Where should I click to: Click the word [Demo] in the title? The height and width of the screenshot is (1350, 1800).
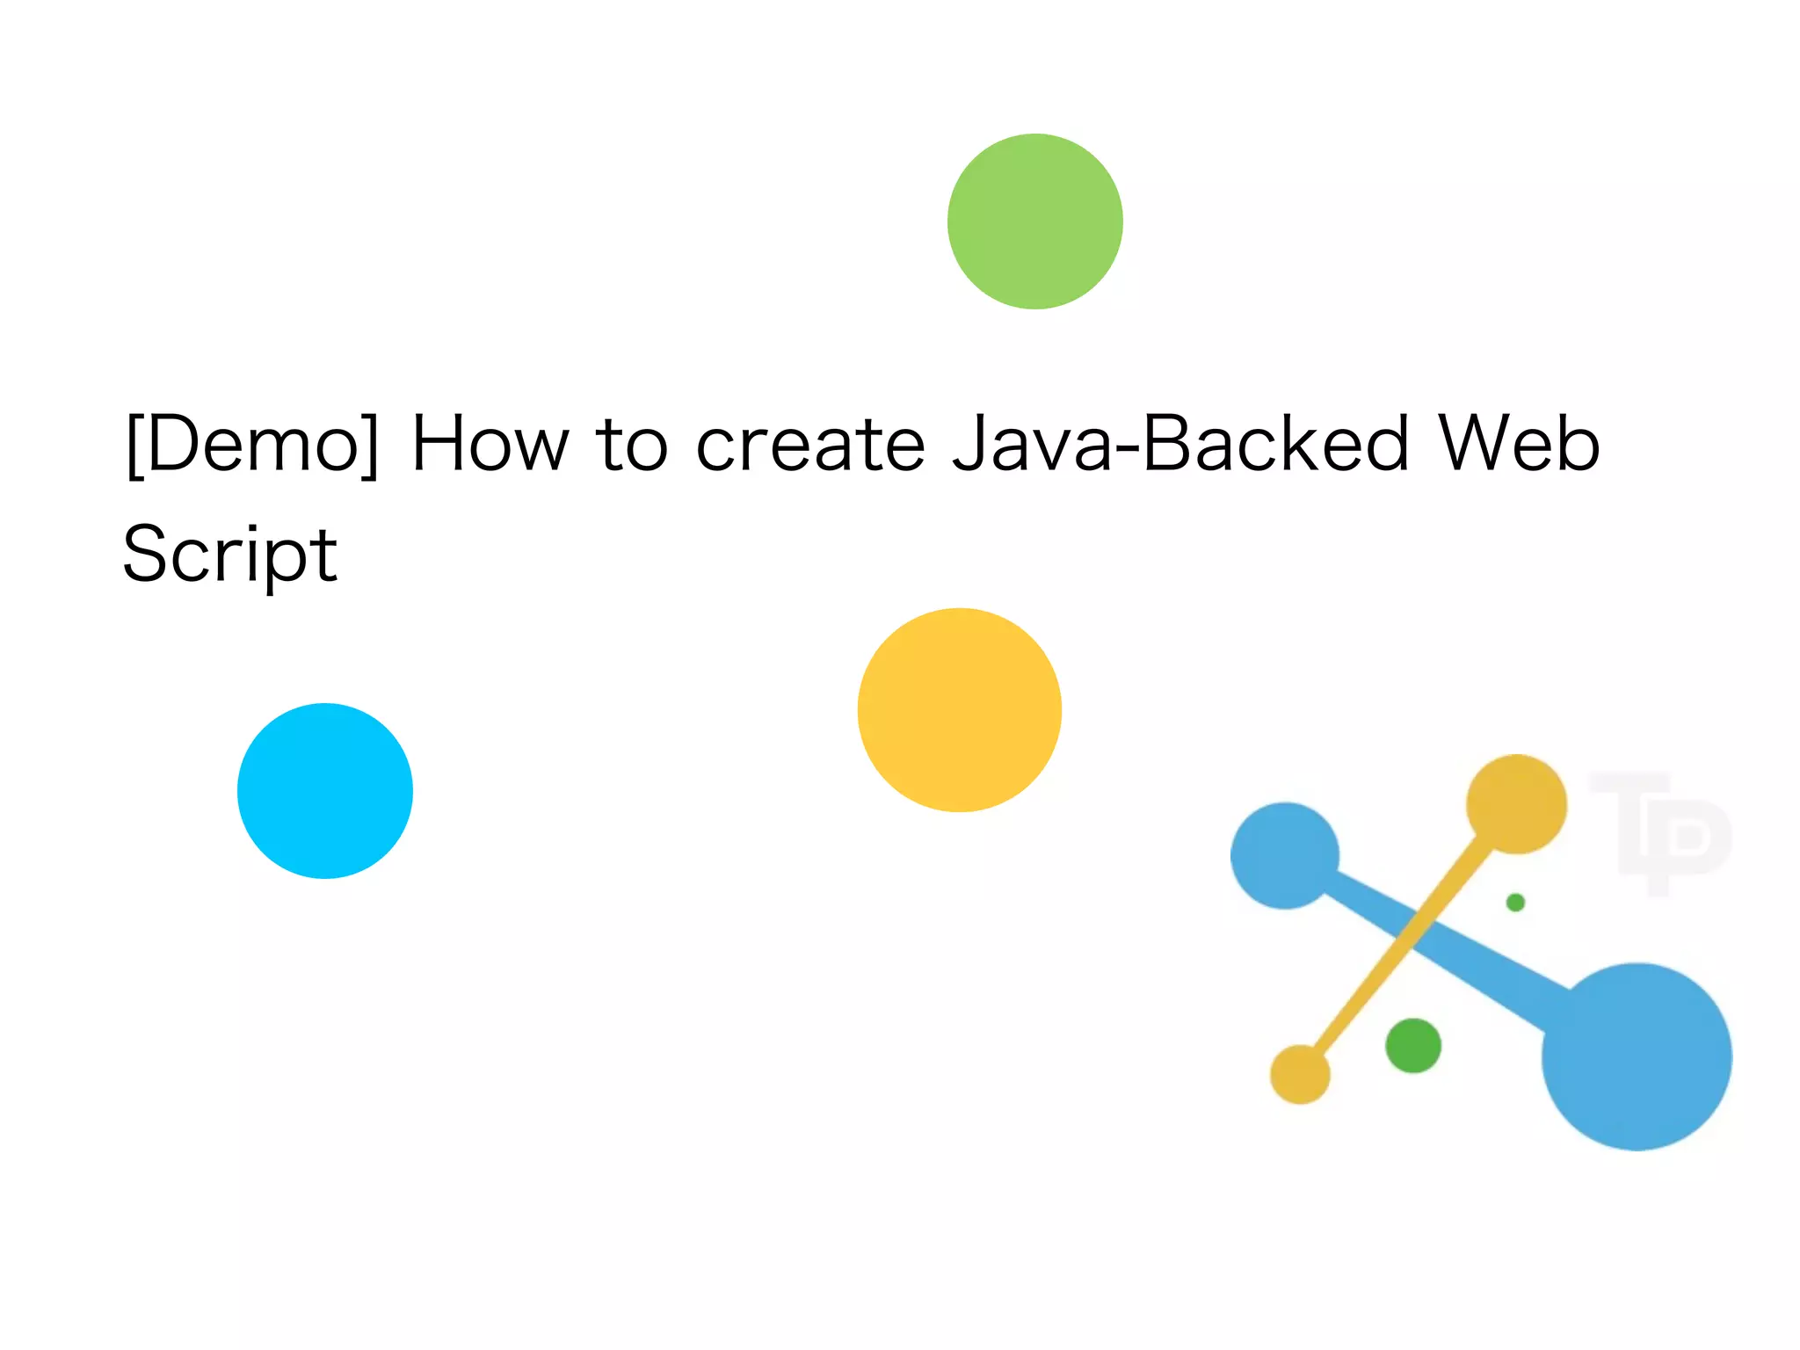253,445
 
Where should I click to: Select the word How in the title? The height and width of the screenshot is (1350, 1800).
490,445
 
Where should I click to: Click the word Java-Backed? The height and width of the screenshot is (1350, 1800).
1180,445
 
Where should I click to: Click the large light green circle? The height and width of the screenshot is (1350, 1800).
1034,221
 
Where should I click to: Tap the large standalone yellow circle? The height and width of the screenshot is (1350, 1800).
960,710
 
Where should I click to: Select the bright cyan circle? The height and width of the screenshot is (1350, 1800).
325,791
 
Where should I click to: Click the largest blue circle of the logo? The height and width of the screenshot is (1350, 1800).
1637,1056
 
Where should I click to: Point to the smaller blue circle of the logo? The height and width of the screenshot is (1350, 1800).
1284,855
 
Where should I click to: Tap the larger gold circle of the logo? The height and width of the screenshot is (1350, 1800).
1516,803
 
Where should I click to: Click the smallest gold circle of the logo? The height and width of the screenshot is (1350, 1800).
1300,1074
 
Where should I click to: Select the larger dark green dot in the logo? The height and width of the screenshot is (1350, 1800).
1413,1046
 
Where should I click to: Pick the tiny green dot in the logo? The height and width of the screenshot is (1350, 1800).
1515,903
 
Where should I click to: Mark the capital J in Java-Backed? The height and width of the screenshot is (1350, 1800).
974,445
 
